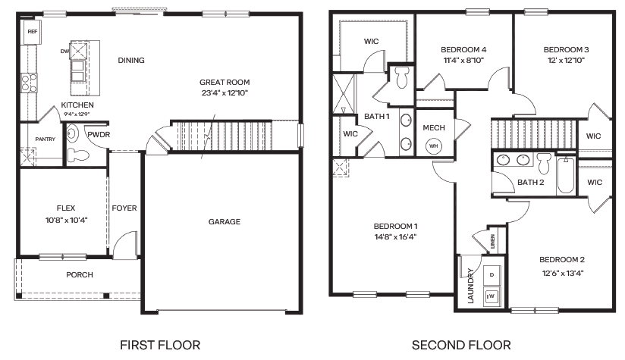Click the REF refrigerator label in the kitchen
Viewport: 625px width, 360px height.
32,32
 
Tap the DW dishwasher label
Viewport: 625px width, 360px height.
65,52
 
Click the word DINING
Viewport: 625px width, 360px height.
131,61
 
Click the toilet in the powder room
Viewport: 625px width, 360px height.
77,156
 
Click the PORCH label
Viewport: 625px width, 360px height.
80,274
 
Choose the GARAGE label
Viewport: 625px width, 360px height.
225,222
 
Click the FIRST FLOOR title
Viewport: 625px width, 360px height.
160,345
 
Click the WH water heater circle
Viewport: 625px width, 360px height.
434,146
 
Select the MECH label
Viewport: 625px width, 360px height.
434,127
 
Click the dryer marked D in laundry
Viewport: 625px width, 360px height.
492,274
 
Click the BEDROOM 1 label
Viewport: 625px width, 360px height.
395,226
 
